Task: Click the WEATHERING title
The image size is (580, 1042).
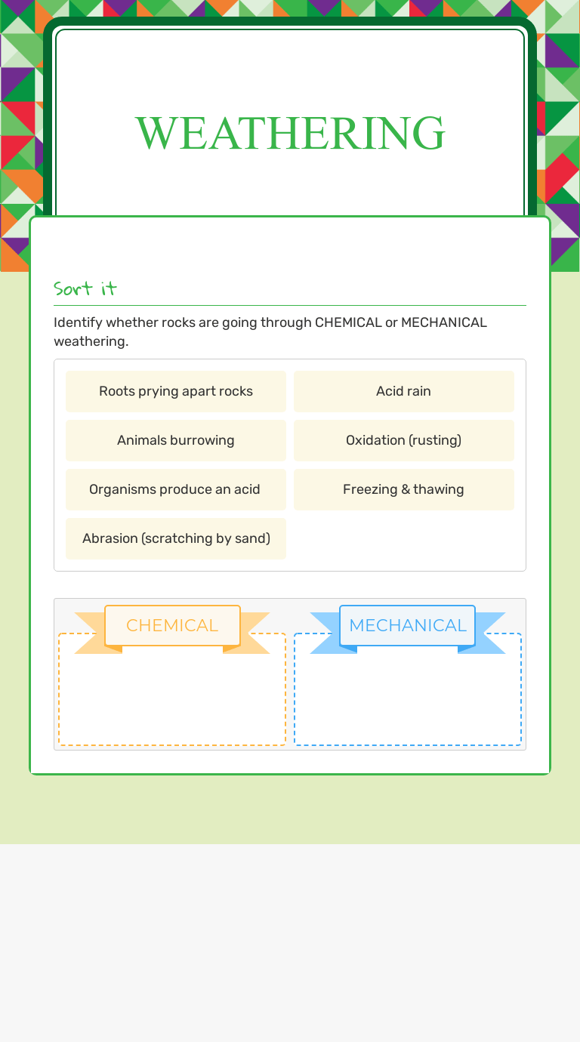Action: click(290, 133)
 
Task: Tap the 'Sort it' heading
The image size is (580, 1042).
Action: click(85, 288)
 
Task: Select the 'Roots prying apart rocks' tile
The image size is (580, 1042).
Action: click(176, 391)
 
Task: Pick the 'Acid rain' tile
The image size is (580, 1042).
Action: click(403, 391)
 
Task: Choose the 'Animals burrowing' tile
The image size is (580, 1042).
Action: click(176, 440)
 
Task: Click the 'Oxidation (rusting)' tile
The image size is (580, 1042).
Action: click(403, 440)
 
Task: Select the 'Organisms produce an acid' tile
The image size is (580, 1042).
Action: click(174, 489)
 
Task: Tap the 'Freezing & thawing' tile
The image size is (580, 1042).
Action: click(403, 489)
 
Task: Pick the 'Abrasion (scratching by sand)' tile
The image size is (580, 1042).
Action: click(176, 538)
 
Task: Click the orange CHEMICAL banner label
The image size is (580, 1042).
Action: click(172, 625)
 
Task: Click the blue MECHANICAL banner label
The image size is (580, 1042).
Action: click(408, 625)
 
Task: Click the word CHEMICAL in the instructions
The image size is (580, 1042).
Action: click(348, 322)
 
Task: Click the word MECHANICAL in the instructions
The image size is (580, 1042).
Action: click(444, 322)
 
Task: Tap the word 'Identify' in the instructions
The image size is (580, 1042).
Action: click(78, 322)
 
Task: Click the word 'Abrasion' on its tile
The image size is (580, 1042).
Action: click(110, 538)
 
